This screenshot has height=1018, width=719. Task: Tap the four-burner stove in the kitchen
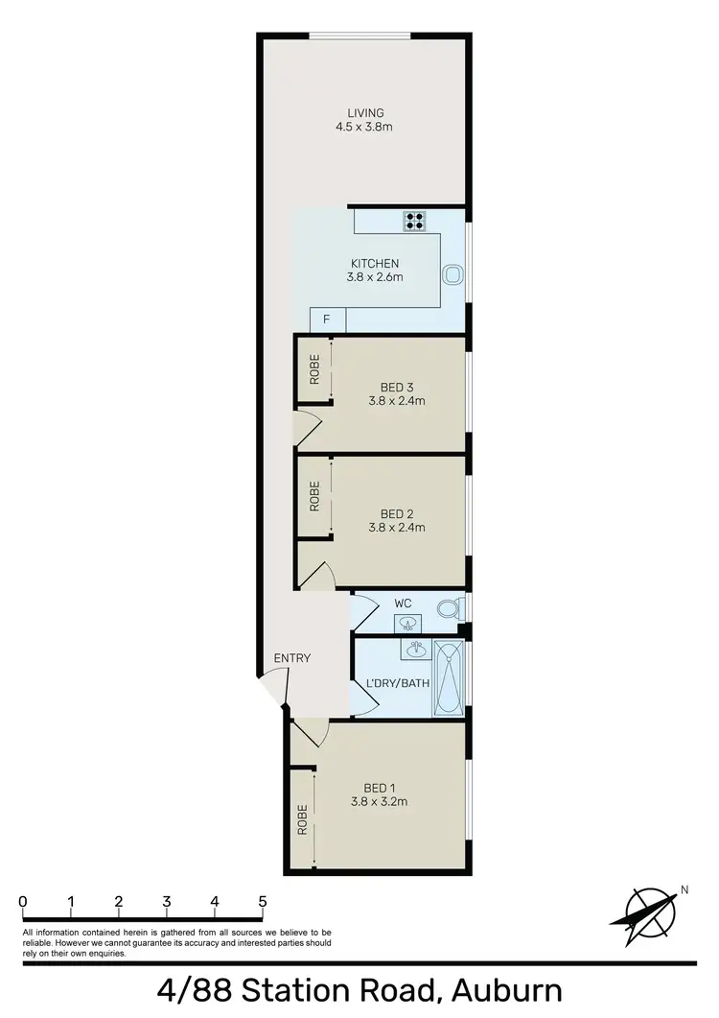415,222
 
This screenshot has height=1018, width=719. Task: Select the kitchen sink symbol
452,274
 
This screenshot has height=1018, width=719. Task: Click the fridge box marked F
326,320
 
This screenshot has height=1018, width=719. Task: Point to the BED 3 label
396,388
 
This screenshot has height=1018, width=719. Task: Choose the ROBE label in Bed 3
313,369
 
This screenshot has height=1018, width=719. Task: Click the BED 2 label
396,512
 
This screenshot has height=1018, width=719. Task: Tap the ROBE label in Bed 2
313,495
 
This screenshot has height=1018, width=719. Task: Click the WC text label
404,603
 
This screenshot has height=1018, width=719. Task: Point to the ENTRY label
292,658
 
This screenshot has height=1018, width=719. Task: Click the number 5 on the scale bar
262,902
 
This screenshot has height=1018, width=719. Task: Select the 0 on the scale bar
22,902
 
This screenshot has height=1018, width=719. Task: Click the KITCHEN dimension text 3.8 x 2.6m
374,277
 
